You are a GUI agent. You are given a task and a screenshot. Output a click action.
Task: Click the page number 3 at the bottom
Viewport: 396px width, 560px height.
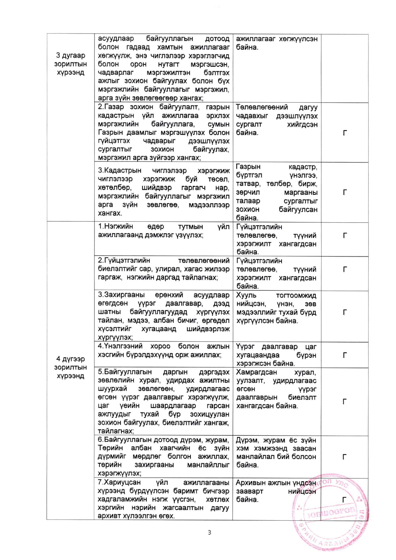tap(209, 532)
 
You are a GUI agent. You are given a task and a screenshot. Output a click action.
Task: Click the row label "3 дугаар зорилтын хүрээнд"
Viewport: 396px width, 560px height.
tap(70, 64)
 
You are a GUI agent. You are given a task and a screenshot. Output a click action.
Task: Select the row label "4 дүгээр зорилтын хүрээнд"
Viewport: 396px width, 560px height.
tap(70, 367)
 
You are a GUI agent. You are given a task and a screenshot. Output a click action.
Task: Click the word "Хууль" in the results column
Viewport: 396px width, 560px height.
tap(246, 295)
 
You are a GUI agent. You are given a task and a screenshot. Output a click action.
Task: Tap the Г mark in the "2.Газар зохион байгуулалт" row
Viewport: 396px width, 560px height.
tap(345, 133)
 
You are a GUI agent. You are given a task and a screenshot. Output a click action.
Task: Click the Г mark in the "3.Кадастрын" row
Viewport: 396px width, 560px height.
tap(345, 192)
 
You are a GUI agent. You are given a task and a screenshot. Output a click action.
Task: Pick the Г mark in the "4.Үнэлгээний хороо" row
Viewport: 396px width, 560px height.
tap(345, 355)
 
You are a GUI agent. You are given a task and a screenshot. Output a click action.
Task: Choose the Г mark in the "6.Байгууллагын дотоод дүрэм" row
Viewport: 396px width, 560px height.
tap(345, 457)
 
